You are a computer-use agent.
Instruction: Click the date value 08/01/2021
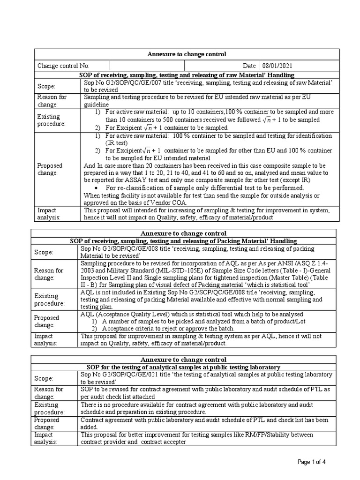tap(278, 66)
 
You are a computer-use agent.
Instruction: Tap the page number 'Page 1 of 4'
tap(312, 462)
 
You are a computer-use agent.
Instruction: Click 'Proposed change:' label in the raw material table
tap(50, 169)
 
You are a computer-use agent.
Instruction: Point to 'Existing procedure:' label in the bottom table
tap(47, 408)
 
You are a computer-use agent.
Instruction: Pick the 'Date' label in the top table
tap(249, 66)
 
